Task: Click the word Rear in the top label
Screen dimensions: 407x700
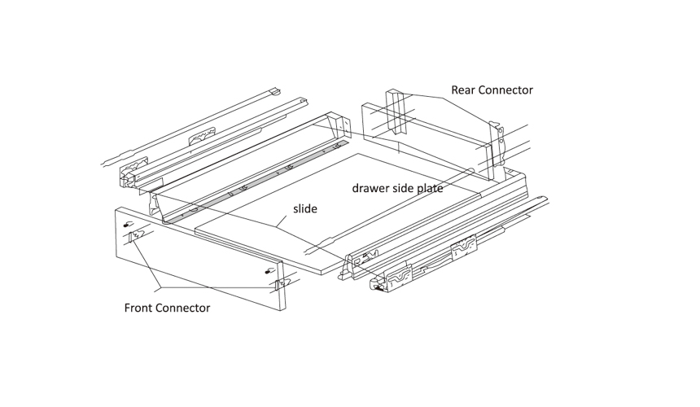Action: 465,90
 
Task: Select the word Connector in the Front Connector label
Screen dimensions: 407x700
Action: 183,309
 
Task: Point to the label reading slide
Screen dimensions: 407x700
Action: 305,209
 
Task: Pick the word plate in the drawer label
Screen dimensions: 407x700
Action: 430,188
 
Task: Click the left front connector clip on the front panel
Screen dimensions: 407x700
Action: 133,238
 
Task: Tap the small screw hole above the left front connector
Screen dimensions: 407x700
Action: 127,224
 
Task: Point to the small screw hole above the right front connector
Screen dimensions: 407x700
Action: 269,271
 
